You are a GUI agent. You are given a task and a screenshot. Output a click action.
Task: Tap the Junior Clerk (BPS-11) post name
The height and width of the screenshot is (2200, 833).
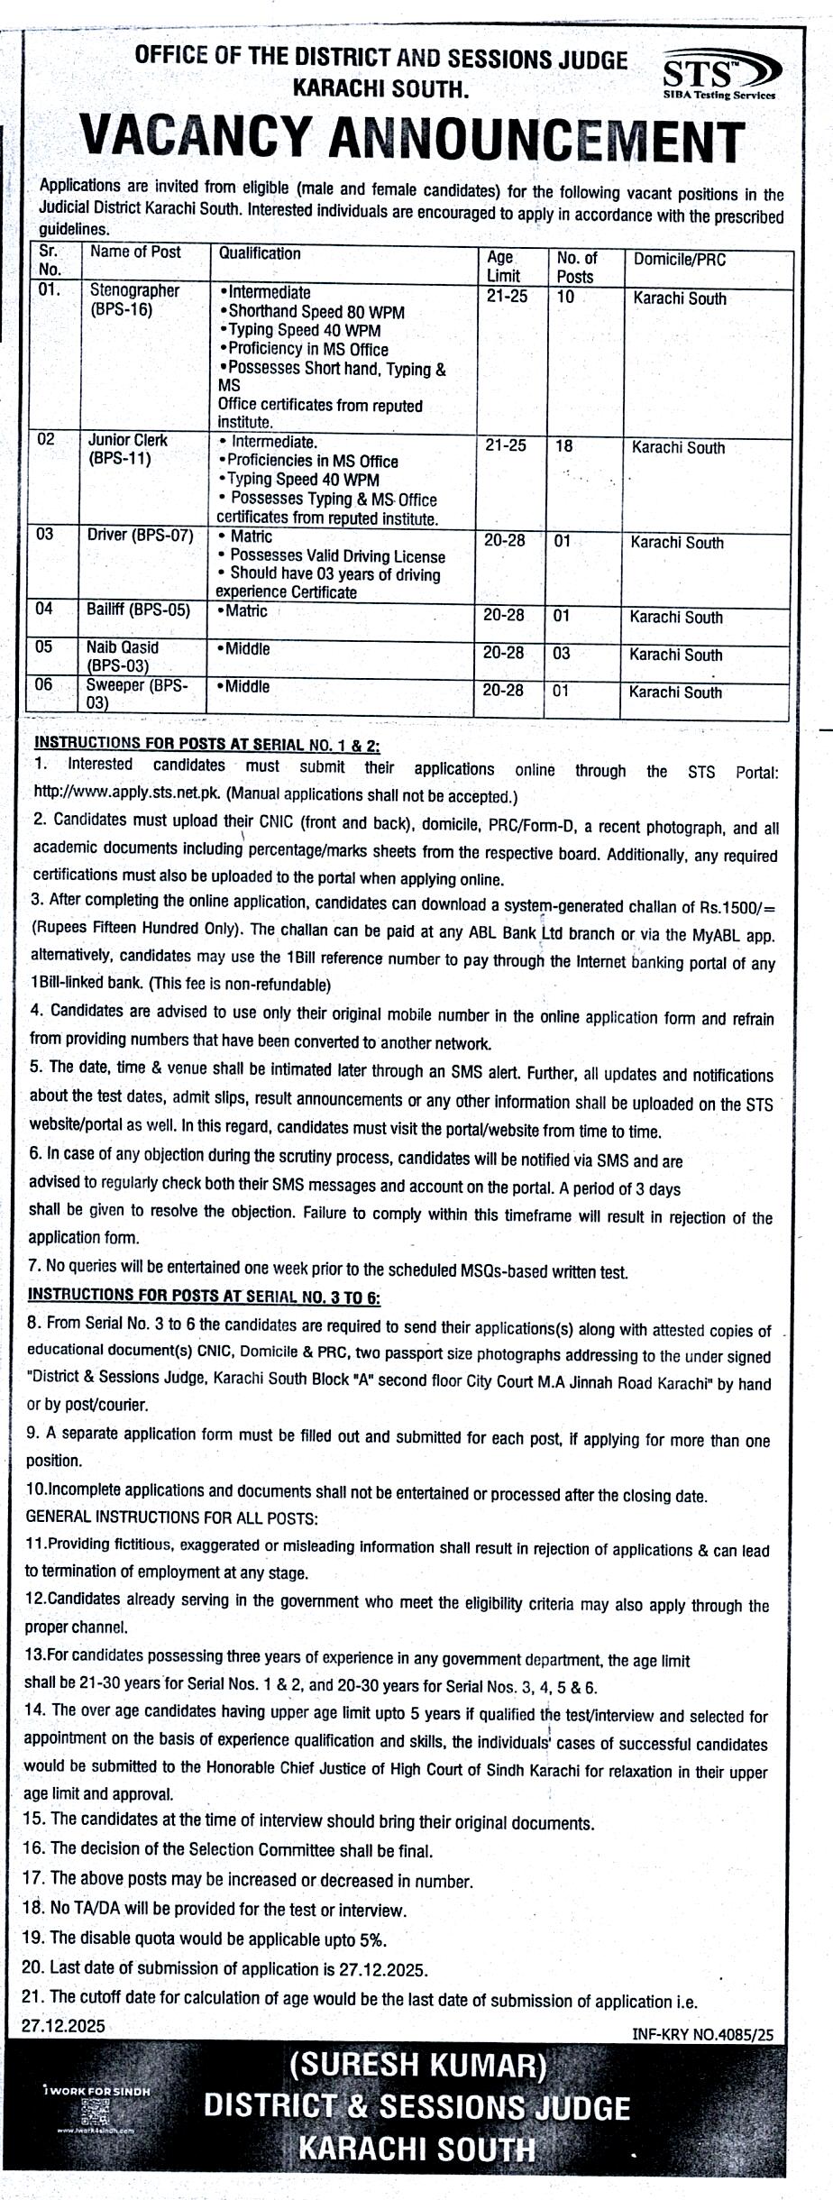[127, 449]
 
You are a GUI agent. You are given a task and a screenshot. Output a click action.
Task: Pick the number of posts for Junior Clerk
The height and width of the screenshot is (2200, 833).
[564, 445]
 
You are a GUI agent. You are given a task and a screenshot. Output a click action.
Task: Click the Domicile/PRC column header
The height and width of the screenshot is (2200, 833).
[679, 260]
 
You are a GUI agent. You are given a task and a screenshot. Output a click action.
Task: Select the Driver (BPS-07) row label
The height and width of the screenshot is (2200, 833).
[140, 535]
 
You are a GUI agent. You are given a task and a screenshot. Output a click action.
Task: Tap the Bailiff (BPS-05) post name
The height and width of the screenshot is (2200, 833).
[138, 610]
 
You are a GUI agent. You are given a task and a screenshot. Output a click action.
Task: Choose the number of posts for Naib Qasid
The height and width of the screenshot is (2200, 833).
[562, 654]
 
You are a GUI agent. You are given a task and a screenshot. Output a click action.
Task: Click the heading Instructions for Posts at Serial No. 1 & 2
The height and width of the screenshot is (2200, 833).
[206, 745]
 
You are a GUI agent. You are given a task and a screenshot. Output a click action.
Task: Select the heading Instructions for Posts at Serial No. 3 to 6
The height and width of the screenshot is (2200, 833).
[205, 1296]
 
